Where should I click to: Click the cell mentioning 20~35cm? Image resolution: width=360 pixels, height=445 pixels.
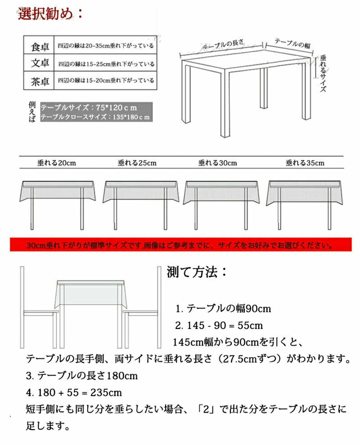click(105, 46)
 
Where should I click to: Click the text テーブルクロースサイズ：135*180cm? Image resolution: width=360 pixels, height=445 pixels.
click(94, 117)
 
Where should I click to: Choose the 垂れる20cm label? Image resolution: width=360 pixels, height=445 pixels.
click(56, 163)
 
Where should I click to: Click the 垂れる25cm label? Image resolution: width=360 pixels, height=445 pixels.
click(137, 163)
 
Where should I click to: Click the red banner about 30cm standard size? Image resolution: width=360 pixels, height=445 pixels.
click(180, 246)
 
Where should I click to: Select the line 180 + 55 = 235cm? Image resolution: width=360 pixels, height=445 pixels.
click(74, 392)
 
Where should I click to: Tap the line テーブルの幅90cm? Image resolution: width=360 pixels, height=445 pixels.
click(223, 309)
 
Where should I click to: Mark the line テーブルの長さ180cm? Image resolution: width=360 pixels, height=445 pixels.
click(82, 375)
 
